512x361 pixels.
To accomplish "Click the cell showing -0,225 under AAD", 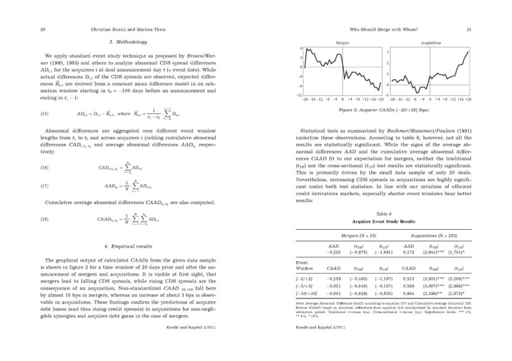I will (x=333, y=252).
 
